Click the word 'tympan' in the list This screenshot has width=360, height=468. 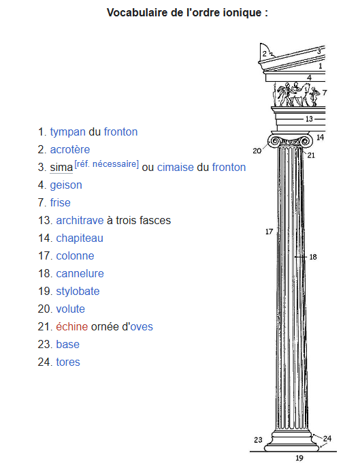pos(67,132)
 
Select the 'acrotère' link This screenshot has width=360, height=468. pos(70,150)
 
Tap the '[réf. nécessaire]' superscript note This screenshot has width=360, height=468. pos(106,164)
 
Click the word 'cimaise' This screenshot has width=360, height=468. pos(176,167)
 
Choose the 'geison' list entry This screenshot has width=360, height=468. pos(66,185)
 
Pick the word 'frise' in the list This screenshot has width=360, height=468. pos(61,202)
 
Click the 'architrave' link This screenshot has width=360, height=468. pos(80,220)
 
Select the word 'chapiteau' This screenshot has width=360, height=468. pos(80,238)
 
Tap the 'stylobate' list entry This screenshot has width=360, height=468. pos(78,292)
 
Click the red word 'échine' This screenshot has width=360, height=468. pos(72,326)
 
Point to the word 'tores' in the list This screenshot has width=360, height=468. pos(68,362)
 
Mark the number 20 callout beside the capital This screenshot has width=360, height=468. pos(257,151)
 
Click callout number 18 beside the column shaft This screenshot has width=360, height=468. pos(313,257)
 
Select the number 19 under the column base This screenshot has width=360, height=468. pos(299,458)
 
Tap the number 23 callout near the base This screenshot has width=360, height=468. pos(258,439)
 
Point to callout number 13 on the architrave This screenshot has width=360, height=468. pos(309,119)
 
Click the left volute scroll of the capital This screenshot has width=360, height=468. pos(275,141)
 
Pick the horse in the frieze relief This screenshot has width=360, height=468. pos(301,94)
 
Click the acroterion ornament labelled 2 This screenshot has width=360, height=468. pos(266,52)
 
